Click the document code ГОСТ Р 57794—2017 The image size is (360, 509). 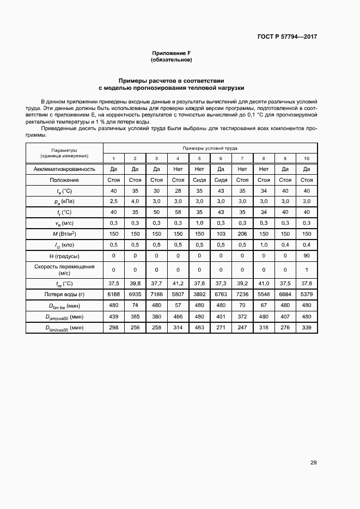(286, 37)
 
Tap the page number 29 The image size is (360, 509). (313, 463)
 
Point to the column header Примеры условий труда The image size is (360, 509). (210, 148)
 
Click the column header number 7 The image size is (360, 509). (242, 158)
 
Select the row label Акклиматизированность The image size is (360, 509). (64, 169)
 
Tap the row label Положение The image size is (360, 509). (64, 180)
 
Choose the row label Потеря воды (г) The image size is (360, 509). (64, 293)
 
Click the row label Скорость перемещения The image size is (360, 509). (64, 266)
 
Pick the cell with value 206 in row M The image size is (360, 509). (242, 234)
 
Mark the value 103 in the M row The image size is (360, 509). (221, 234)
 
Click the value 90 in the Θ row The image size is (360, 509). (307, 255)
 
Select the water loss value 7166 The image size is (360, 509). (156, 293)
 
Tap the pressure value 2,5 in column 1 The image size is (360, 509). (113, 201)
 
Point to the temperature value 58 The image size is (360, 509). (178, 212)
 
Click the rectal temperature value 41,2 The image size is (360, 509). (178, 283)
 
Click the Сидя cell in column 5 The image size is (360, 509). (199, 180)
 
